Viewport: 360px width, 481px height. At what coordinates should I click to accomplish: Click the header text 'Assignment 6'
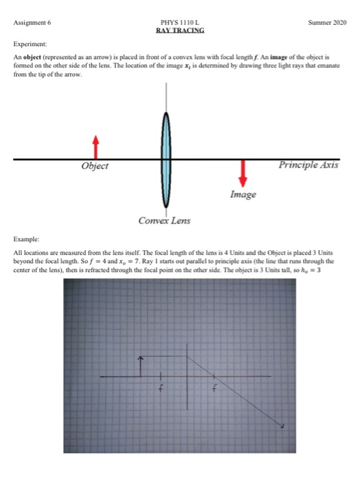pyautogui.click(x=32, y=22)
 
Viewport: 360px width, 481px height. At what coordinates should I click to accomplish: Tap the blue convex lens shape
pyautogui.click(x=166, y=159)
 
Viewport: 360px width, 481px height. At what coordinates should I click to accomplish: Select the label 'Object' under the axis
pyautogui.click(x=95, y=166)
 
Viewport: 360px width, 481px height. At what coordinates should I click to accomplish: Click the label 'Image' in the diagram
pyautogui.click(x=243, y=194)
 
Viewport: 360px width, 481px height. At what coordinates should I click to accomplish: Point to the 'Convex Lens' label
pyautogui.click(x=165, y=221)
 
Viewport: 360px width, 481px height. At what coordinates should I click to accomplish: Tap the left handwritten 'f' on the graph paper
pyautogui.click(x=161, y=390)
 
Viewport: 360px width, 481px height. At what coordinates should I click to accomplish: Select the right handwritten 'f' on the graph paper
pyautogui.click(x=215, y=390)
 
